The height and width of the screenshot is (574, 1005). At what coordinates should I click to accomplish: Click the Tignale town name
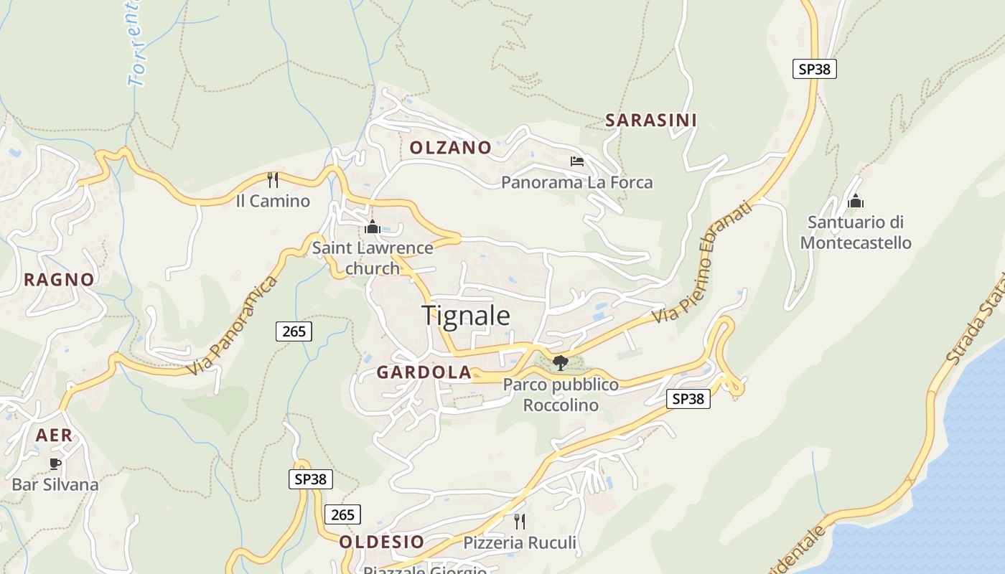pyautogui.click(x=466, y=316)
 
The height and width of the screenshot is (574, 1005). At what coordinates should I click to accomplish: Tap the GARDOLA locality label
pyautogui.click(x=424, y=372)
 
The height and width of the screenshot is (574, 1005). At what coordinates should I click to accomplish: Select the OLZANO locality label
pyautogui.click(x=450, y=148)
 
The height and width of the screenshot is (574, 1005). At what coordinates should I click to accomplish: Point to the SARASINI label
pyautogui.click(x=650, y=121)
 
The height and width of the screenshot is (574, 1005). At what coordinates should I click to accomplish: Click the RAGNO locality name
pyautogui.click(x=59, y=280)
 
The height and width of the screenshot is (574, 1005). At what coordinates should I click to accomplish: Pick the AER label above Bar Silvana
pyautogui.click(x=55, y=435)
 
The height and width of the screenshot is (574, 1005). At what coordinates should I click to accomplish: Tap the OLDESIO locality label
pyautogui.click(x=381, y=542)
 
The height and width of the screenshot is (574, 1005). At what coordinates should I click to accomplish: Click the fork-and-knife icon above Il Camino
pyautogui.click(x=273, y=179)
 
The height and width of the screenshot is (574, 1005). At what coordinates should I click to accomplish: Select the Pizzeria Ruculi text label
pyautogui.click(x=520, y=542)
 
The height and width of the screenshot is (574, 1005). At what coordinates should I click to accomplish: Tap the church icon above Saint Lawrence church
pyautogui.click(x=372, y=227)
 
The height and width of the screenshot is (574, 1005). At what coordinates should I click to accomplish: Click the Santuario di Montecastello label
pyautogui.click(x=856, y=232)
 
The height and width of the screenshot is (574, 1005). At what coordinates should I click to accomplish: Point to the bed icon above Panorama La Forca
pyautogui.click(x=576, y=161)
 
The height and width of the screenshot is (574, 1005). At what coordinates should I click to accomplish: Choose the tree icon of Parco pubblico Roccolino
pyautogui.click(x=560, y=362)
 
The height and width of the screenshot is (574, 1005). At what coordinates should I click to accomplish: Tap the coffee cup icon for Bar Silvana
pyautogui.click(x=55, y=464)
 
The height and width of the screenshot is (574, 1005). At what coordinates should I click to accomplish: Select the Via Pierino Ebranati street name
pyautogui.click(x=703, y=263)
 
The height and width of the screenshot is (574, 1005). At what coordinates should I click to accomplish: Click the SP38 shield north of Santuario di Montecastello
pyautogui.click(x=815, y=69)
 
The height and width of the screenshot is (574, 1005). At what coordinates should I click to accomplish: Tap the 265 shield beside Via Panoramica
pyautogui.click(x=294, y=331)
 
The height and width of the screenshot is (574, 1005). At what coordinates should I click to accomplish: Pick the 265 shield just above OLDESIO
pyautogui.click(x=342, y=514)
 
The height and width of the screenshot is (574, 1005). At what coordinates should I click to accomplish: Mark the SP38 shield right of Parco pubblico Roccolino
pyautogui.click(x=688, y=399)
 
